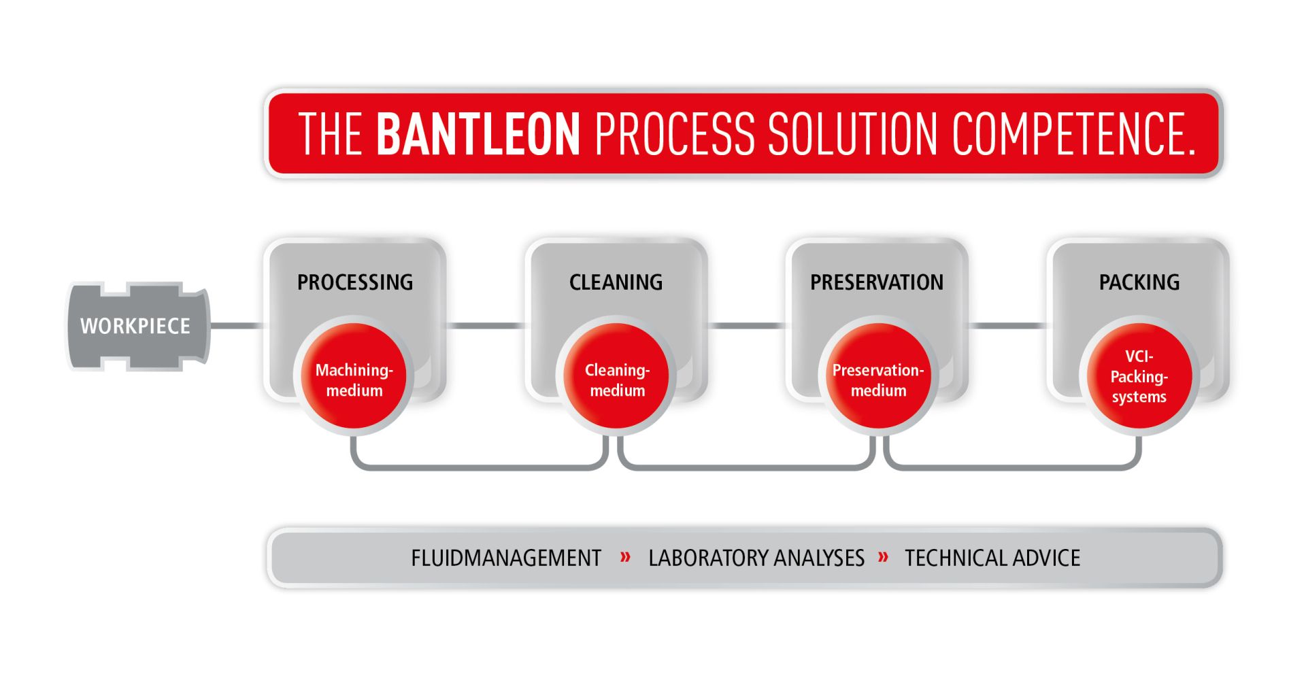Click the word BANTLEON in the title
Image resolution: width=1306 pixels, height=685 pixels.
tap(478, 133)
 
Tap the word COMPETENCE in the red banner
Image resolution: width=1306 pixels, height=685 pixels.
tap(1073, 133)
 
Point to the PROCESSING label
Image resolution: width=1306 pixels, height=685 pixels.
tap(355, 282)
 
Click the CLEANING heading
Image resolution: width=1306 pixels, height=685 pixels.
tap(616, 282)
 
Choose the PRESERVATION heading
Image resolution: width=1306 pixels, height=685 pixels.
tap(877, 282)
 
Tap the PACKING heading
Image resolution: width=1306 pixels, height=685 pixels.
tap(1139, 282)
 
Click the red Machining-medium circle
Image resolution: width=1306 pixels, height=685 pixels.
tap(354, 376)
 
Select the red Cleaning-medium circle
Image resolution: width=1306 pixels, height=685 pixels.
tap(616, 376)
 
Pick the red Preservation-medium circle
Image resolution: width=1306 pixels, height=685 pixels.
tap(878, 376)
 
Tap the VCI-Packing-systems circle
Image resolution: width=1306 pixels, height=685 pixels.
tap(1139, 376)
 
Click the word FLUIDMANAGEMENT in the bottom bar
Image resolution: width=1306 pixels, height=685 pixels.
tap(506, 558)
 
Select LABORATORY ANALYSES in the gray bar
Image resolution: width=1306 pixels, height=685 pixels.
tap(756, 558)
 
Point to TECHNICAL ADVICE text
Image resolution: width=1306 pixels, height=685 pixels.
tap(992, 558)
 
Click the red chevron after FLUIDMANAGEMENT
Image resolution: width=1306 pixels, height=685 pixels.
tap(625, 558)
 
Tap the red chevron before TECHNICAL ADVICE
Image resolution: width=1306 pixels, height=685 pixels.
tap(884, 558)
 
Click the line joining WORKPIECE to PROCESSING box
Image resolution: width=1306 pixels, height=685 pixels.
tap(236, 326)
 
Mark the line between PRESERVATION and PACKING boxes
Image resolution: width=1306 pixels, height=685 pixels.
tap(1008, 326)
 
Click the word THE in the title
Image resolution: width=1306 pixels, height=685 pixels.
tap(330, 134)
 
